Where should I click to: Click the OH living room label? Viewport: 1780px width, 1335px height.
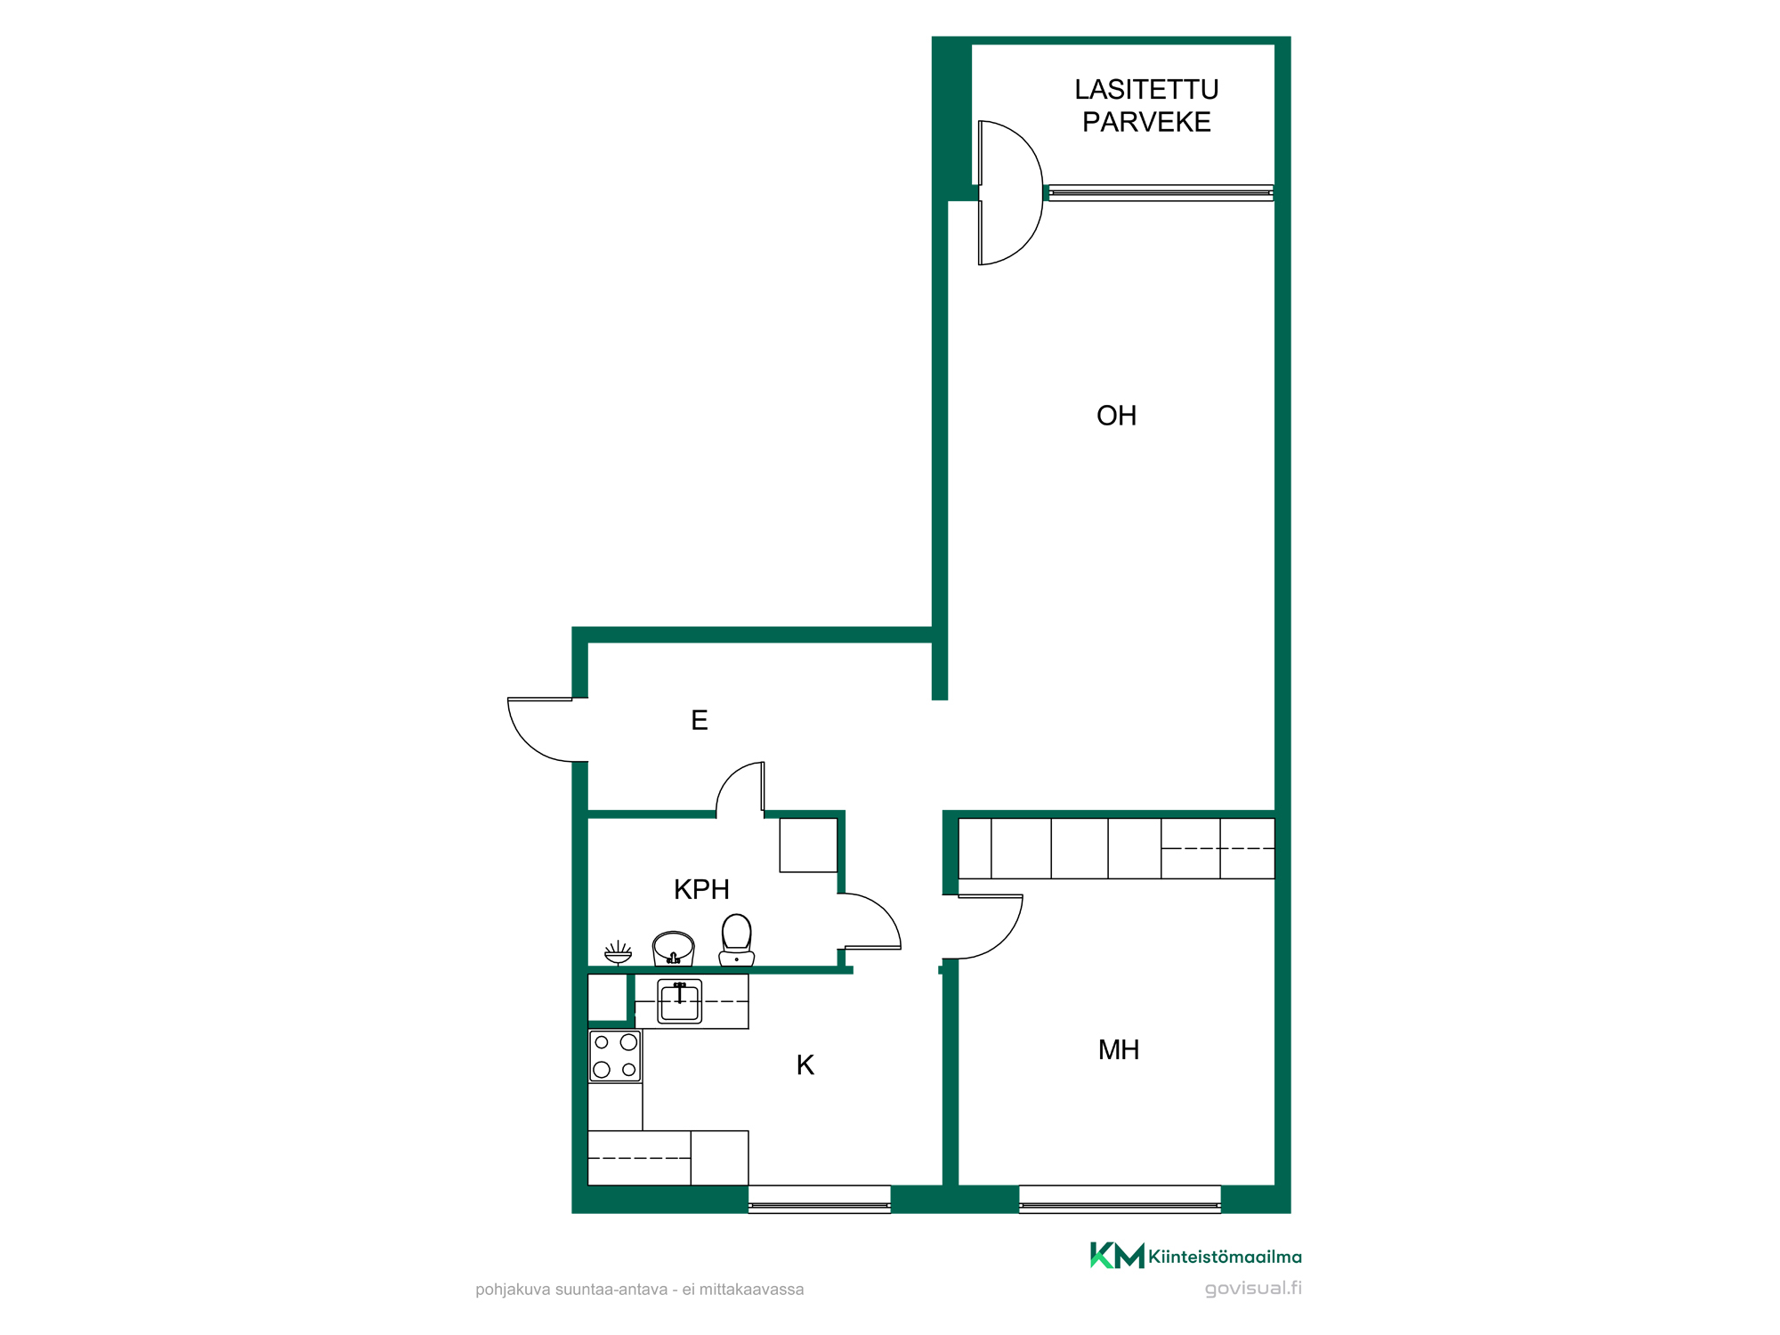point(1116,416)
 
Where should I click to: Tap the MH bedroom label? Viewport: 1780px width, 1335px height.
point(1119,1050)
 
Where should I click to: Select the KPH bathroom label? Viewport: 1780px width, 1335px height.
point(701,889)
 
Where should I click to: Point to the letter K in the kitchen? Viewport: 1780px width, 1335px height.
point(805,1065)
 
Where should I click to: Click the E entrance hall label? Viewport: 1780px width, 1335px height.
point(700,720)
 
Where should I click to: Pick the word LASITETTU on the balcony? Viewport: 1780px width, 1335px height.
point(1146,90)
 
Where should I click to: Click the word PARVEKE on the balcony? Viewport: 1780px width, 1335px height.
point(1146,122)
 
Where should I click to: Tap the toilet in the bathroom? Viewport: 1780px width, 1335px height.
point(737,940)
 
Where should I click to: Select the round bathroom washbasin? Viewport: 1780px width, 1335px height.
point(674,948)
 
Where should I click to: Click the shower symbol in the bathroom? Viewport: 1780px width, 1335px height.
point(618,953)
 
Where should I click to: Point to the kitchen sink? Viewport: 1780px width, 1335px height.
point(680,1001)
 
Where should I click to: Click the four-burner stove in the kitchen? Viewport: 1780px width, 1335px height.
point(615,1056)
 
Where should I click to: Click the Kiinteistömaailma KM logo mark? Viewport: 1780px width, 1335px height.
point(1117,1255)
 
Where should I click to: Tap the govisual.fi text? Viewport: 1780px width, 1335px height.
point(1253,1289)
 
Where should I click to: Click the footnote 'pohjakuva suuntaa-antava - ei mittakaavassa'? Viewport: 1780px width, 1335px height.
point(639,1290)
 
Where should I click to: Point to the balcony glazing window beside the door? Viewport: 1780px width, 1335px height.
point(1161,193)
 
